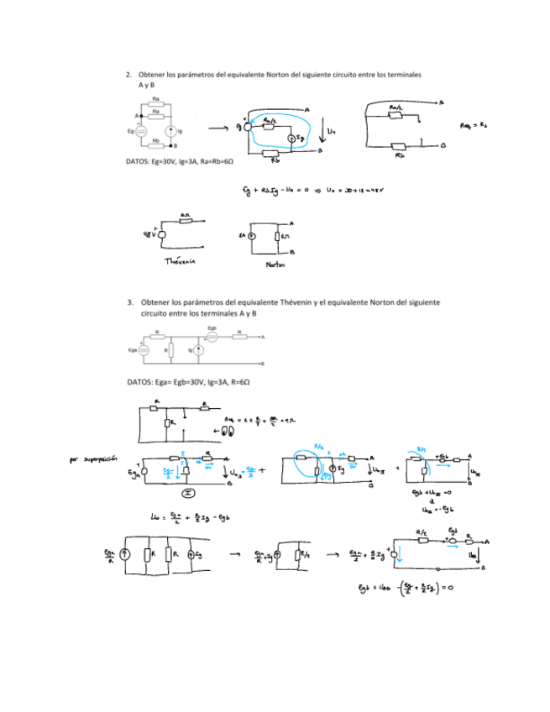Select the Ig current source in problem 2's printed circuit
[x=170, y=131]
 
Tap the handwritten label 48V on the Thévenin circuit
[x=151, y=235]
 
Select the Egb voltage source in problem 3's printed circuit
[x=212, y=337]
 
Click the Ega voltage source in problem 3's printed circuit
[x=144, y=349]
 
